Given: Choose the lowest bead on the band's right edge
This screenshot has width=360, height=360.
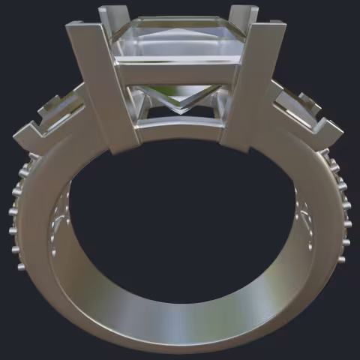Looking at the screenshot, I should (x=342, y=259).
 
